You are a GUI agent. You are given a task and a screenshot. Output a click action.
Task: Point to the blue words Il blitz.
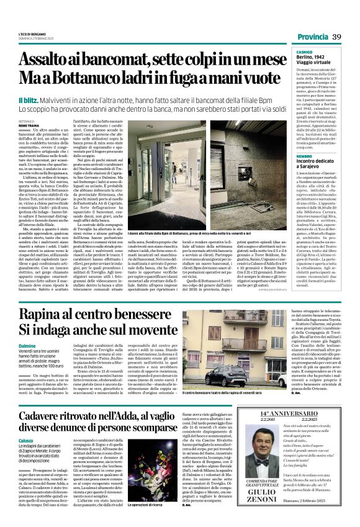[x=28, y=101]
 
